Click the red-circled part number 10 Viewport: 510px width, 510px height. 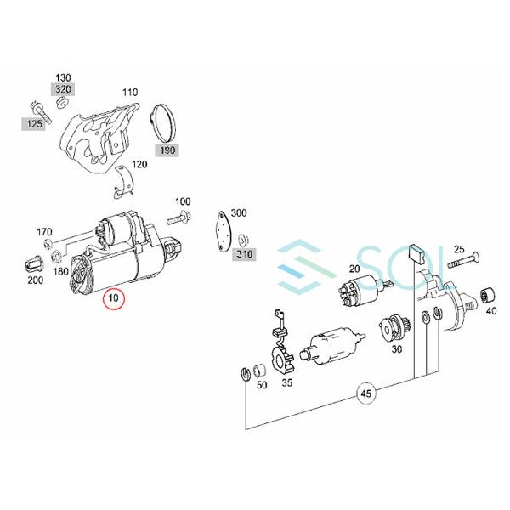pos(113,299)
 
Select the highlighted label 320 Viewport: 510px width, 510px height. pos(64,88)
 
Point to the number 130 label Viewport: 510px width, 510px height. pos(64,76)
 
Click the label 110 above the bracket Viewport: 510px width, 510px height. pos(129,92)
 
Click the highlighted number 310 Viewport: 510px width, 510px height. pos(244,254)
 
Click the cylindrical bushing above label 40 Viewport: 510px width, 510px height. pos(488,297)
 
